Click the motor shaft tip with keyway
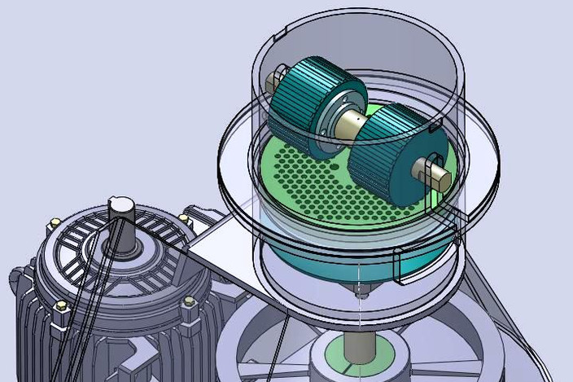tap(120, 204)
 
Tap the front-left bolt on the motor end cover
tap(60, 307)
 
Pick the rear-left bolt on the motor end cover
tap(54, 222)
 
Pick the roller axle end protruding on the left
tap(274, 81)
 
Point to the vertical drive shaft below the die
tap(357, 342)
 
